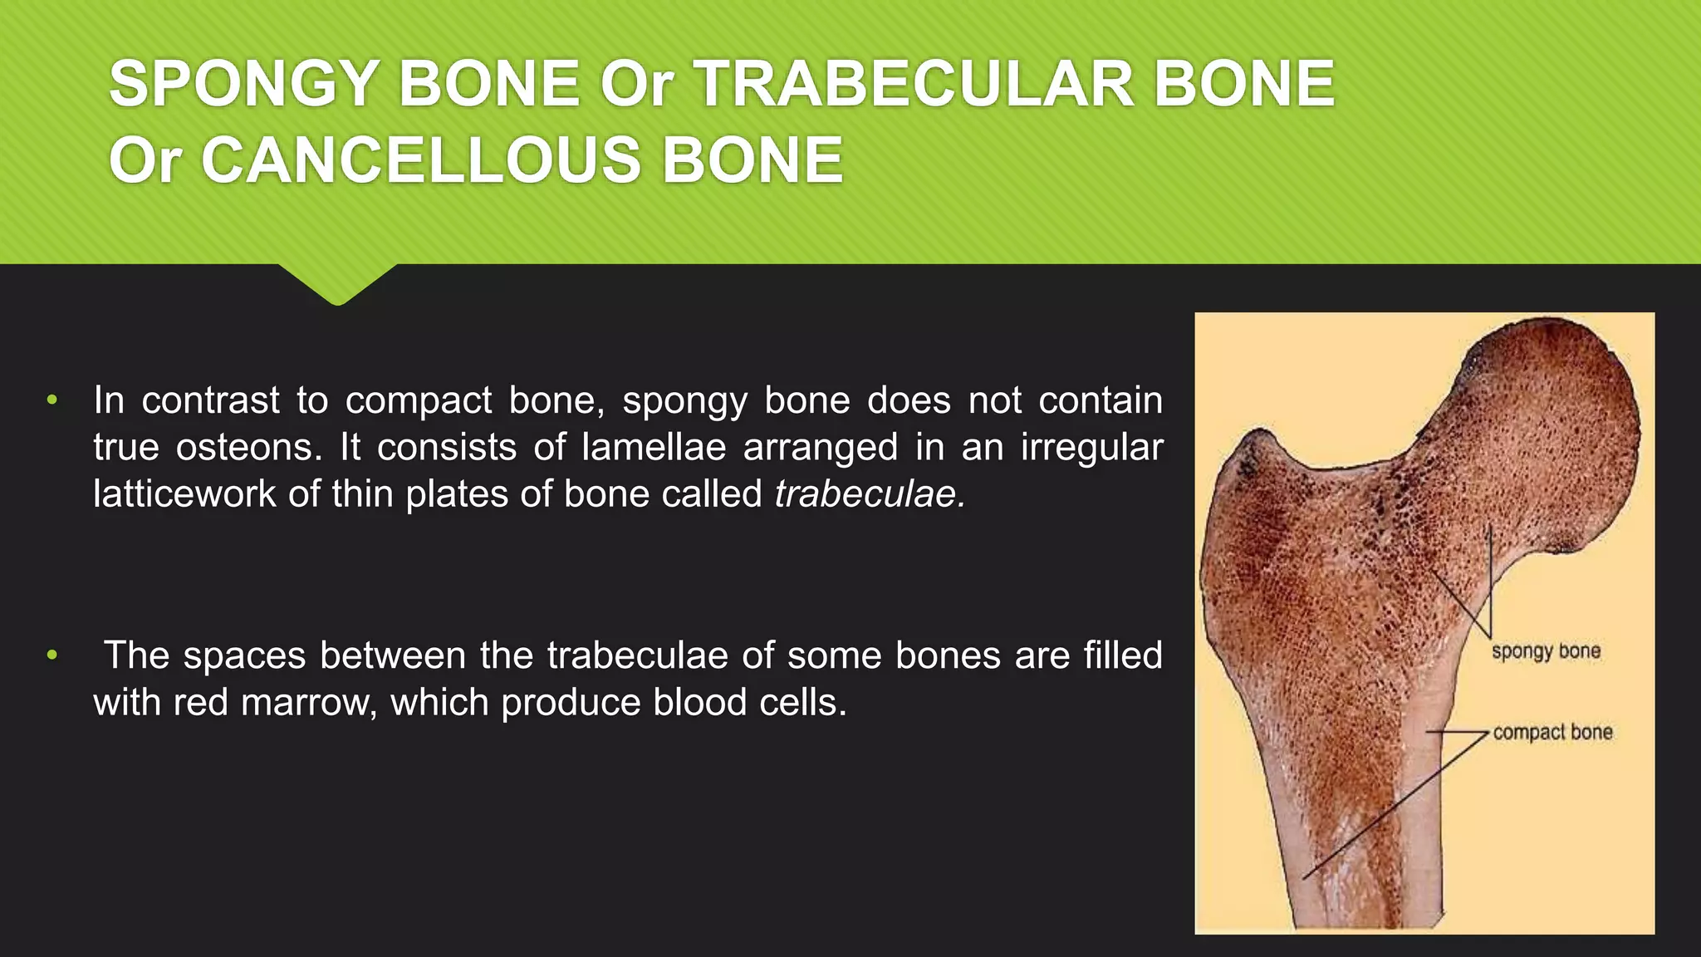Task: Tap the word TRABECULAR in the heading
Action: point(914,84)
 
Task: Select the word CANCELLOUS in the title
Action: point(421,160)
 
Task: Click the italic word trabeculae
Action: point(869,494)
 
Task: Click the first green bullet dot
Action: point(52,400)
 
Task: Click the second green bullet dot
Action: point(52,655)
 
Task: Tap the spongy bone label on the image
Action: point(1546,651)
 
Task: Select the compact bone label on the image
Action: point(1552,733)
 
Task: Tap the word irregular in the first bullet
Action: point(1091,448)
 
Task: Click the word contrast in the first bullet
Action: point(211,400)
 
